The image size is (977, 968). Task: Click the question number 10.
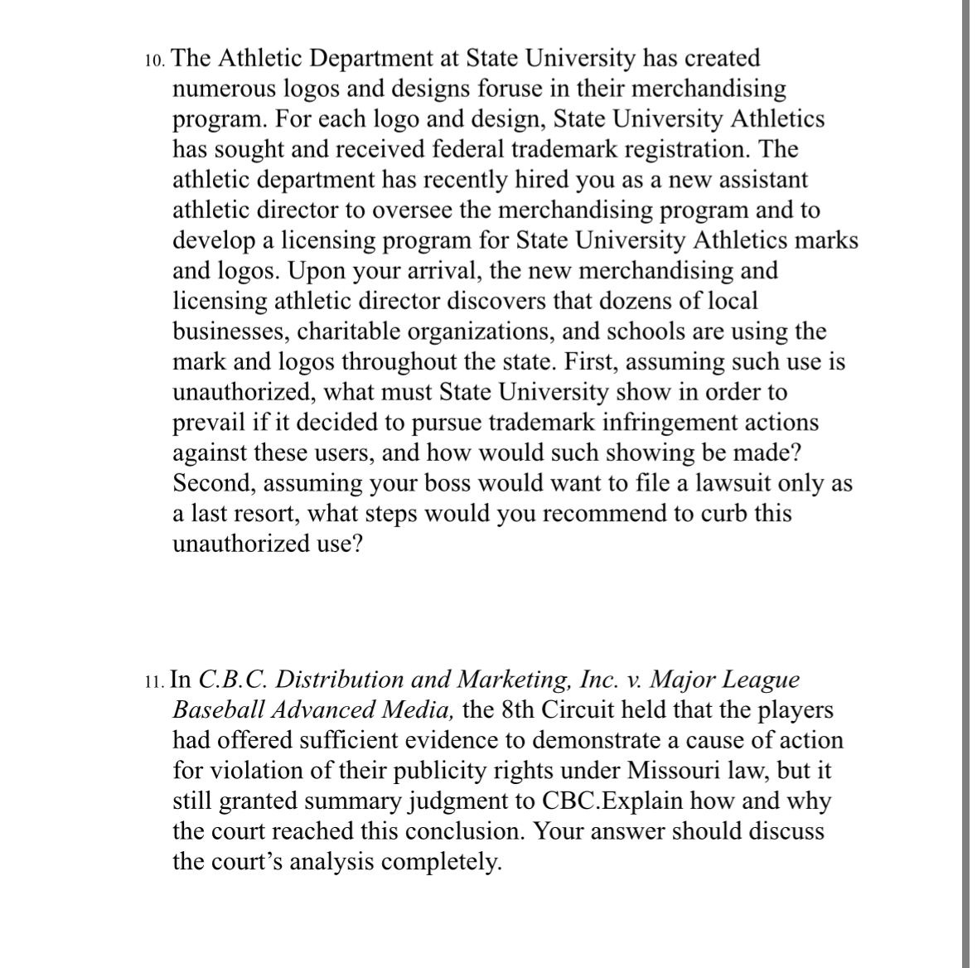pyautogui.click(x=154, y=60)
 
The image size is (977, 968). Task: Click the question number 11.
pyautogui.click(x=154, y=681)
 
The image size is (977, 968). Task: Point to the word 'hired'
pyautogui.click(x=539, y=180)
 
